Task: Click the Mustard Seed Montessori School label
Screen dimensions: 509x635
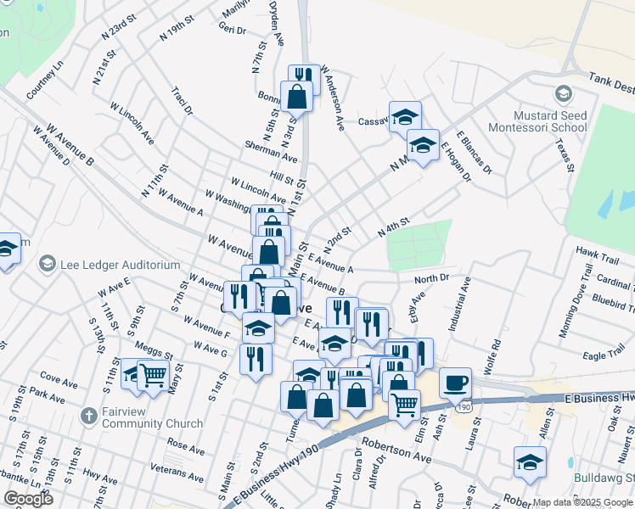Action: point(550,121)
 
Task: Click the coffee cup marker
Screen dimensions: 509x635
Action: point(456,383)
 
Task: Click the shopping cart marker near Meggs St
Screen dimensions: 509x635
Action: point(154,373)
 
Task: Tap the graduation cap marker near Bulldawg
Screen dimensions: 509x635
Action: point(530,462)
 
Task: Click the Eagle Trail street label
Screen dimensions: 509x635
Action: point(605,355)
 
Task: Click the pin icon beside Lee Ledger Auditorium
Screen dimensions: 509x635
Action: point(48,265)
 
